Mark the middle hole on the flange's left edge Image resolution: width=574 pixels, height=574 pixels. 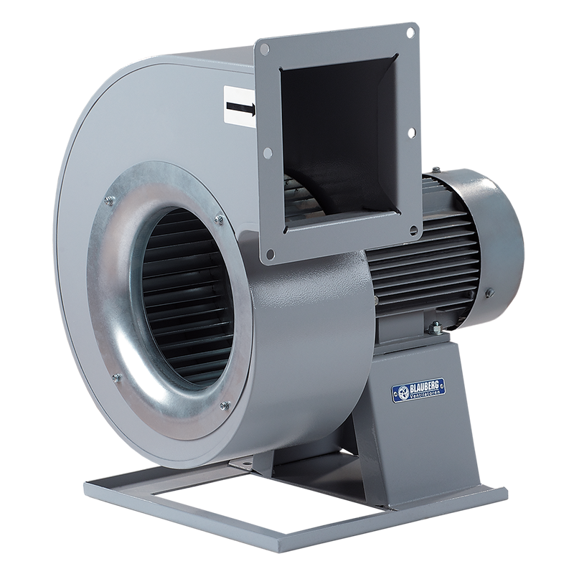[266, 152]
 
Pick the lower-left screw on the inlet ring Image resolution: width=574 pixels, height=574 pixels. [113, 379]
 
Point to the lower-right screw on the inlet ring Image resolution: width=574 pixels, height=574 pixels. [223, 407]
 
